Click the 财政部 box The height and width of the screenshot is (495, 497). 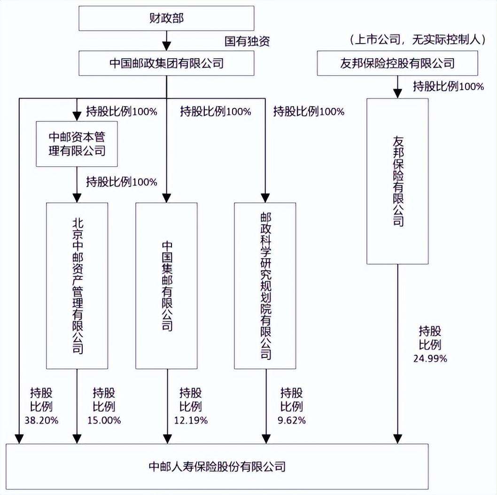(166, 19)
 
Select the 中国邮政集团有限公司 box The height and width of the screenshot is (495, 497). (166, 63)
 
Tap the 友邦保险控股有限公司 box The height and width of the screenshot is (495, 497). (397, 63)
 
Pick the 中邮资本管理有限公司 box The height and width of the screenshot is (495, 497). (77, 144)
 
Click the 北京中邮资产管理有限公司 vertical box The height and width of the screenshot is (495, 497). (77, 286)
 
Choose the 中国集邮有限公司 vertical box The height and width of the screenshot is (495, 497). (166, 286)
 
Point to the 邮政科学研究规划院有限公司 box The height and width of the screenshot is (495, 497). (265, 286)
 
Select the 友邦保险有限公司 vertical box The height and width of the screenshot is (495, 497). (397, 181)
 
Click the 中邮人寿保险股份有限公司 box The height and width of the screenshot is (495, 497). (217, 466)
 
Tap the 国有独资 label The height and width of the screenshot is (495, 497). (247, 41)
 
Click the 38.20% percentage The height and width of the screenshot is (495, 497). (41, 420)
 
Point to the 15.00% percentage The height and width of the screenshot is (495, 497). (104, 420)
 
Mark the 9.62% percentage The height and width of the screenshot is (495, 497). (291, 420)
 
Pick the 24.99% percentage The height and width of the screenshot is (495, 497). (430, 358)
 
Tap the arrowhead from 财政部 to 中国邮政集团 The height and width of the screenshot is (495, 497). (166, 46)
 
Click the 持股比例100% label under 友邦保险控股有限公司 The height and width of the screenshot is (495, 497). (448, 86)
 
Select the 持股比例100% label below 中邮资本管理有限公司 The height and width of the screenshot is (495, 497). (122, 182)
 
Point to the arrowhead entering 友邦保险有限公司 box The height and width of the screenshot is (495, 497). (397, 93)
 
